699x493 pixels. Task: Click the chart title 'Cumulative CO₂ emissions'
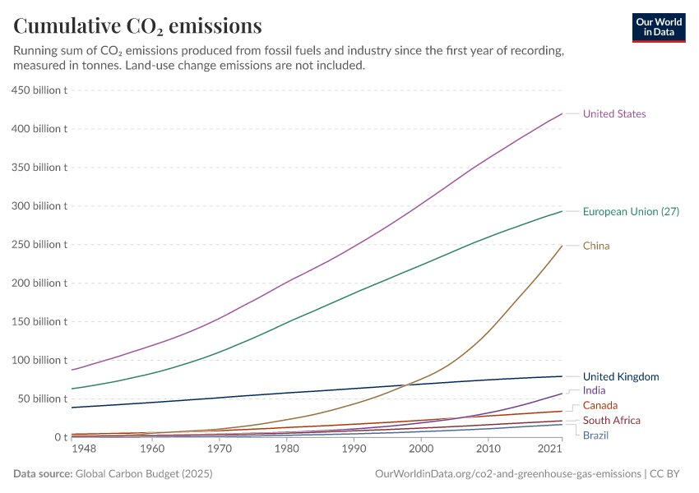point(138,25)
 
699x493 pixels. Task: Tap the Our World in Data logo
point(659,27)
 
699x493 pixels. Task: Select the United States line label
point(614,114)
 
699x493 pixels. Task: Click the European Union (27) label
point(631,212)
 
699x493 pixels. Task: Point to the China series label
point(596,246)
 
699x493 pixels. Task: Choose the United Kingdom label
point(621,376)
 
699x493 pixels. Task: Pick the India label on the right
point(594,390)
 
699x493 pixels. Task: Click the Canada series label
point(600,405)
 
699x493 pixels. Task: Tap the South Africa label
point(612,420)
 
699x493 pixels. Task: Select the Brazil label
point(596,435)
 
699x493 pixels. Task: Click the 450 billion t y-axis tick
point(39,90)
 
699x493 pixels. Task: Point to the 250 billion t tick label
point(39,244)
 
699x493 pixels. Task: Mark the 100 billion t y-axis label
point(39,360)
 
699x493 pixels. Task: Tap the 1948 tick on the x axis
point(84,449)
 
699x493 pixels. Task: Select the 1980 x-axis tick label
point(285,449)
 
